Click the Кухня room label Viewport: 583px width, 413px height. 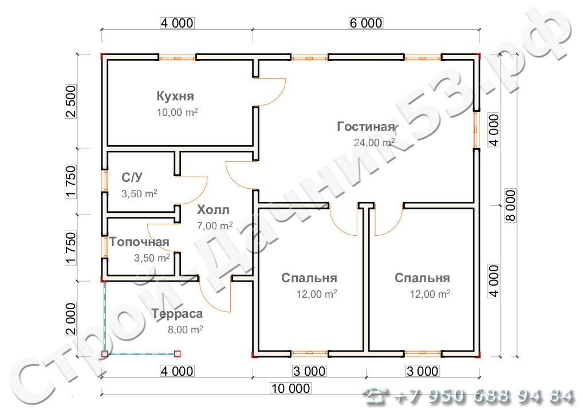pyautogui.click(x=175, y=96)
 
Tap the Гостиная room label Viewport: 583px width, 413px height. pyautogui.click(x=365, y=127)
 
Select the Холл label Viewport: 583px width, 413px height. pyautogui.click(x=213, y=210)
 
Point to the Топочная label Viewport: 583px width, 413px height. pyautogui.click(x=139, y=241)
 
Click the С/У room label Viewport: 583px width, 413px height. pyautogui.click(x=132, y=177)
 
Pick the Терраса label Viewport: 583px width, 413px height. pyautogui.click(x=177, y=314)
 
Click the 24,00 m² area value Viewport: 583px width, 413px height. pyautogui.click(x=374, y=143)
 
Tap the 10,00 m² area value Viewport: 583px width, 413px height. pyautogui.click(x=177, y=112)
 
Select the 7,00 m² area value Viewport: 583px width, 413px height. pyautogui.click(x=215, y=225)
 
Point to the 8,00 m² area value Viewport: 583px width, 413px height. pyautogui.click(x=185, y=330)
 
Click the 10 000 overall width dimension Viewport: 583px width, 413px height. pyautogui.click(x=291, y=388)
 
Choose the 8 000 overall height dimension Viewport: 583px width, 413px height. pyautogui.click(x=511, y=205)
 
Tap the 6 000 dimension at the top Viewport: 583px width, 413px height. pyautogui.click(x=366, y=23)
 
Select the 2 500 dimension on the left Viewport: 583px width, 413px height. pyautogui.click(x=70, y=102)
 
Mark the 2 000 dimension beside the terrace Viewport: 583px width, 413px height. pyautogui.click(x=70, y=319)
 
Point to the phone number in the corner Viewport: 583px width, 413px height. pyautogui.click(x=468, y=396)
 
